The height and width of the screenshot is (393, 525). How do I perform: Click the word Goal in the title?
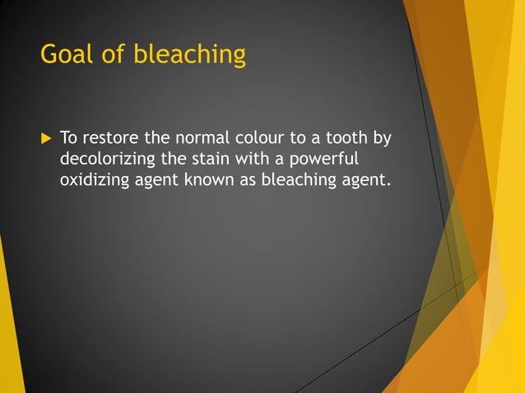click(67, 55)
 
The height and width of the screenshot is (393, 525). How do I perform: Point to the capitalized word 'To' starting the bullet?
click(69, 136)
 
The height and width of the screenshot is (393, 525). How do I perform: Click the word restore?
click(111, 136)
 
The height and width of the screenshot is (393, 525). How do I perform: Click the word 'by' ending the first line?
click(382, 137)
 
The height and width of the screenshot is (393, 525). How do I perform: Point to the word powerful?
click(324, 158)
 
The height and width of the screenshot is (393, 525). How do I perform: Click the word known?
click(211, 179)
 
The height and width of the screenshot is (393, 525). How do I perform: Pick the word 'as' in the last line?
click(248, 179)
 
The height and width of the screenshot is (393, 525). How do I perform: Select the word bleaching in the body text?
click(299, 179)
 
